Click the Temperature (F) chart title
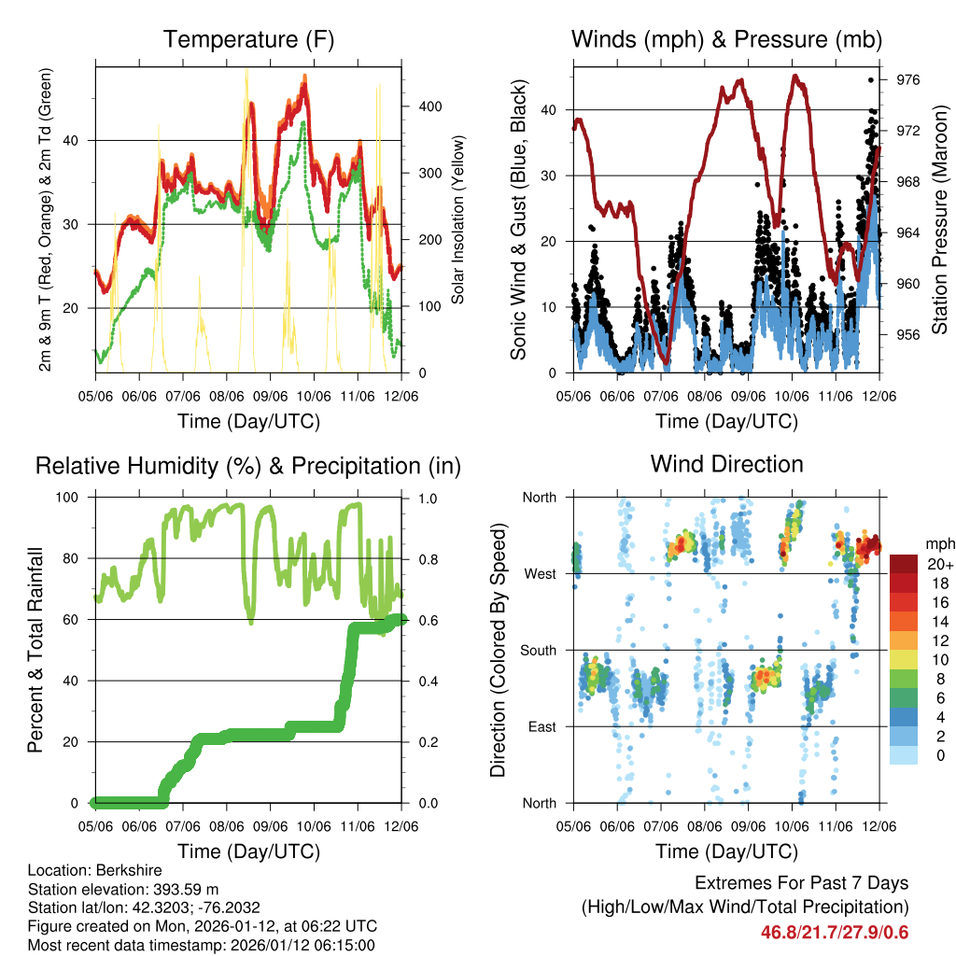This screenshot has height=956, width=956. pyautogui.click(x=248, y=40)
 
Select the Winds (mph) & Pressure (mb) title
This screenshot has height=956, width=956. pyautogui.click(x=726, y=40)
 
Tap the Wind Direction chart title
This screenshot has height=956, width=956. pyautogui.click(x=726, y=464)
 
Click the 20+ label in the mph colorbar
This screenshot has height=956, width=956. pyautogui.click(x=938, y=564)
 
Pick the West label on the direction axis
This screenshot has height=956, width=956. pyautogui.click(x=540, y=573)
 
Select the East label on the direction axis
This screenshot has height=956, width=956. pyautogui.click(x=541, y=726)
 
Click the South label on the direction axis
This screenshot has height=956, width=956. pyautogui.click(x=538, y=650)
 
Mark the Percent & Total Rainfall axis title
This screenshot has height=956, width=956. pyautogui.click(x=36, y=650)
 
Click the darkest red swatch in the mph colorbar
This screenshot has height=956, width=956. pyautogui.click(x=905, y=564)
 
